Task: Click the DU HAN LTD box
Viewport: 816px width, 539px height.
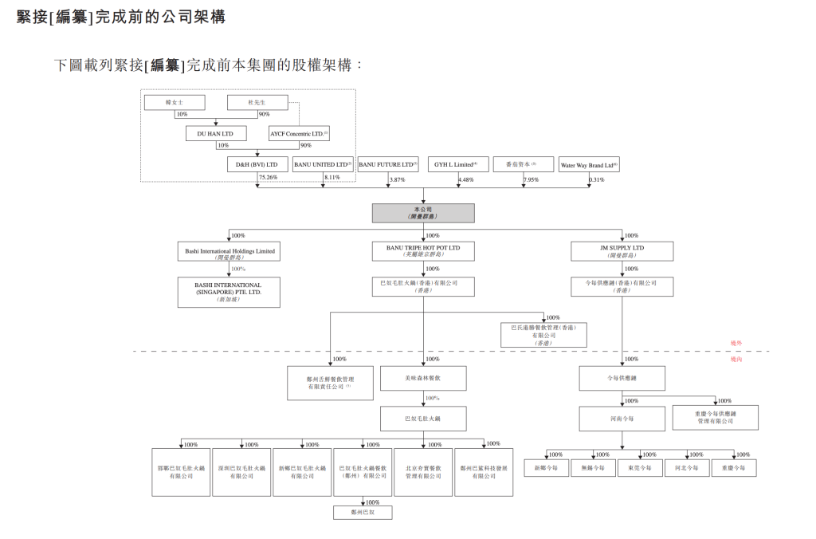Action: click(215, 134)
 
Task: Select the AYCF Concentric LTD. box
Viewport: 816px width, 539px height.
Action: click(299, 134)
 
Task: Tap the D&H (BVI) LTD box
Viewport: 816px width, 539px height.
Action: click(257, 164)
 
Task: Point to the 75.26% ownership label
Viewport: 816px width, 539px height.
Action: click(268, 178)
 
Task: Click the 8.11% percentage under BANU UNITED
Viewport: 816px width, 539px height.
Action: click(331, 178)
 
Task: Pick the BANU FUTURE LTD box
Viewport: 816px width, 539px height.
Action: click(388, 164)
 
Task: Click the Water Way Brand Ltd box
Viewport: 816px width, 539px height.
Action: click(589, 164)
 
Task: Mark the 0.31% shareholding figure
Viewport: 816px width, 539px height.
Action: click(596, 179)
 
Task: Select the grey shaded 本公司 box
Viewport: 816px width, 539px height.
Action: click(423, 213)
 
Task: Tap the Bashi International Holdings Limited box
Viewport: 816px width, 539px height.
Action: click(229, 252)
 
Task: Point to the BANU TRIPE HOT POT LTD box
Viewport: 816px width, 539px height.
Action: click(423, 252)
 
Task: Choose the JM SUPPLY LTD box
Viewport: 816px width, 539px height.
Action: click(622, 252)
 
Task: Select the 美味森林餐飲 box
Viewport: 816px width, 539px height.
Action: click(423, 377)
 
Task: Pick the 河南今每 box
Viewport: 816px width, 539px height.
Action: click(622, 417)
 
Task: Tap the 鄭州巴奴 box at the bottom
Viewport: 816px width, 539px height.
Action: click(363, 513)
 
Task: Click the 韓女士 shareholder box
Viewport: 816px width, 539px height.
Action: click(174, 103)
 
